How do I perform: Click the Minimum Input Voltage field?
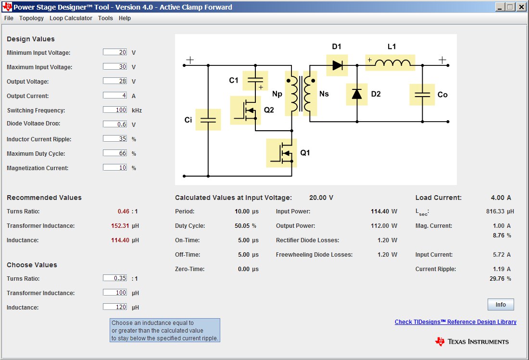tap(115, 52)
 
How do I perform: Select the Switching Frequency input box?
tap(115, 110)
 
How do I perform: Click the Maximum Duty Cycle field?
tap(115, 153)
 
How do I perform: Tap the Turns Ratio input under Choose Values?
tap(115, 278)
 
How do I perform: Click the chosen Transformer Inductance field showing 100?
tap(115, 293)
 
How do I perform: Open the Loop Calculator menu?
tap(71, 18)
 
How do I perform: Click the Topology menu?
tap(31, 18)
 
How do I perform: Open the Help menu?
tap(125, 18)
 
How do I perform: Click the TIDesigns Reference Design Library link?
tap(455, 322)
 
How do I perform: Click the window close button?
tap(521, 7)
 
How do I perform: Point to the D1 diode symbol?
tap(337, 65)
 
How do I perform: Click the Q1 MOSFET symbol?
tap(281, 153)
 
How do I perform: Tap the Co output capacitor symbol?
tap(422, 95)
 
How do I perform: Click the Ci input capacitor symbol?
tap(208, 120)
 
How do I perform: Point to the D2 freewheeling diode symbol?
tap(357, 94)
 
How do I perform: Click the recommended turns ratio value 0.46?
tap(124, 211)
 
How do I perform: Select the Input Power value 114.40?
tap(380, 211)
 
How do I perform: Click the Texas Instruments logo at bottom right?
tap(472, 341)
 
